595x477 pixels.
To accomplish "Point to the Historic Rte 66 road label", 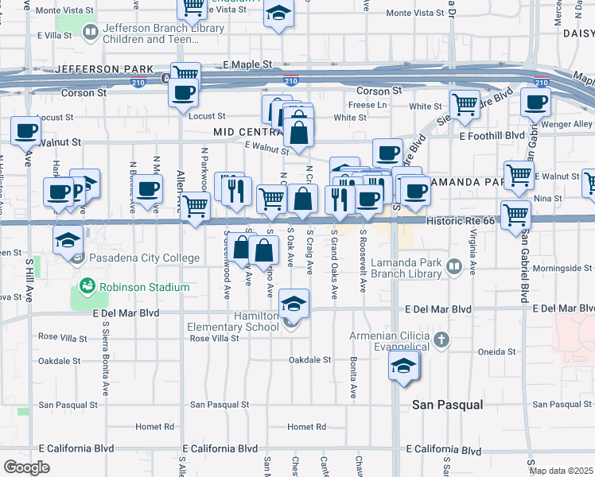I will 461,222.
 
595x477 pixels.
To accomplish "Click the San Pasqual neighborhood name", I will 447,405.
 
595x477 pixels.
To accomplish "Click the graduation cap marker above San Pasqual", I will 403,366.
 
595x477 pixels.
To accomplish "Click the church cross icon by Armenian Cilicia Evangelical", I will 442,341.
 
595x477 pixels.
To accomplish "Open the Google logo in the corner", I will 26,467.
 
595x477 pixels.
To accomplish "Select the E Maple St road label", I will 247,64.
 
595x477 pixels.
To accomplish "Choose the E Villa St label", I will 55,36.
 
